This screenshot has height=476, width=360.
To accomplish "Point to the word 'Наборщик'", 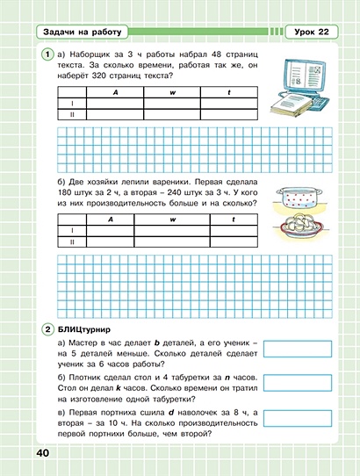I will (x=92, y=55).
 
